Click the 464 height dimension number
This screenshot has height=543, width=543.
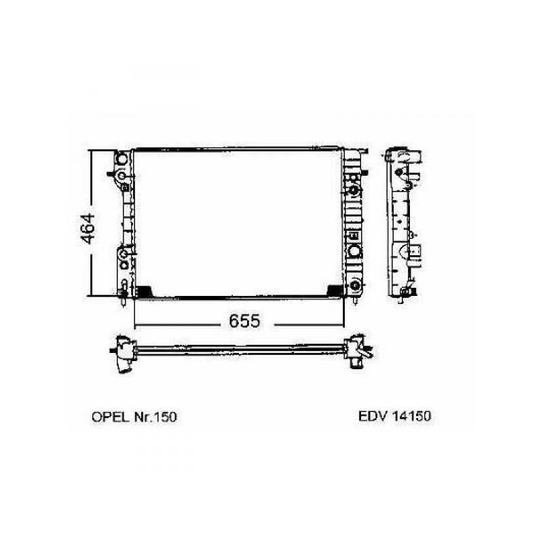87,229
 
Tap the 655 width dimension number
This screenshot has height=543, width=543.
244,321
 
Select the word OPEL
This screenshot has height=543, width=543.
110,417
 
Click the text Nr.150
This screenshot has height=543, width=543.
155,417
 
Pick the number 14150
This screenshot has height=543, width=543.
412,416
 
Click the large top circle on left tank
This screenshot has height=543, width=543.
122,159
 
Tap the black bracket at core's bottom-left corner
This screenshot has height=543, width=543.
143,291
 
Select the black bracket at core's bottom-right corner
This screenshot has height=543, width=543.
335,291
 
